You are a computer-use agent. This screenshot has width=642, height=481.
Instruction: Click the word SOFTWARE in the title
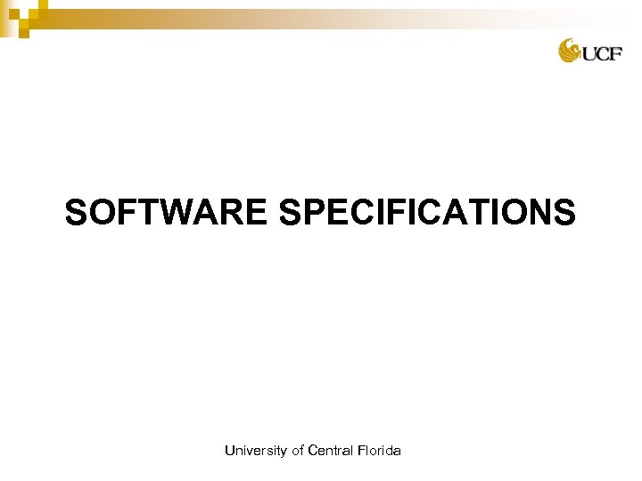click(x=166, y=214)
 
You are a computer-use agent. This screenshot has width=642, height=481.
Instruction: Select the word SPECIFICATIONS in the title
click(x=427, y=214)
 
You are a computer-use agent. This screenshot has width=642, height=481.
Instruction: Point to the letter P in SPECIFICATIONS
click(x=311, y=214)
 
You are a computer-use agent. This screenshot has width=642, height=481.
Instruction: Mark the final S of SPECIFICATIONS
click(x=565, y=214)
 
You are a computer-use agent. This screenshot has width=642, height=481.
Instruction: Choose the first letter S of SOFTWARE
click(x=77, y=214)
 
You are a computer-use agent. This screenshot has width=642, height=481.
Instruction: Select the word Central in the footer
click(x=331, y=452)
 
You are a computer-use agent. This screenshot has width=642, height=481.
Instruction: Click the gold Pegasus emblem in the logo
click(x=570, y=51)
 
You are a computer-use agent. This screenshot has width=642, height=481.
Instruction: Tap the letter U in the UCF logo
click(x=590, y=54)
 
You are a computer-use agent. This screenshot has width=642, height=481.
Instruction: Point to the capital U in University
click(x=230, y=452)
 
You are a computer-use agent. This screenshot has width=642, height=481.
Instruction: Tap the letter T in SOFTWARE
click(x=141, y=214)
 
